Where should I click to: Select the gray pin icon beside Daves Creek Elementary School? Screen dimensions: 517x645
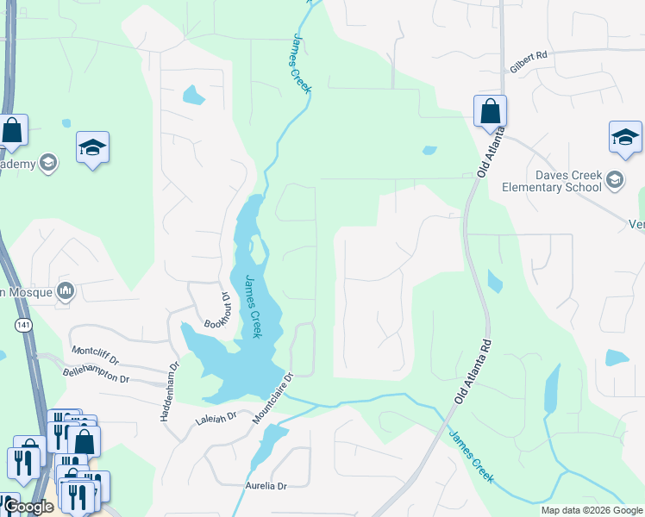pyautogui.click(x=614, y=180)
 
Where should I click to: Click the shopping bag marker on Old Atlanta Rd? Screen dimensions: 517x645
pyautogui.click(x=490, y=111)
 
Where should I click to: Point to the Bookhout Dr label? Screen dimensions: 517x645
pyautogui.click(x=217, y=311)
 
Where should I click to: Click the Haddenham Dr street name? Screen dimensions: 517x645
pyautogui.click(x=168, y=391)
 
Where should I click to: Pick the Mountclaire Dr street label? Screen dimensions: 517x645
pyautogui.click(x=273, y=398)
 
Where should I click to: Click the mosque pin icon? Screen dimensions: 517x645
pyautogui.click(x=66, y=291)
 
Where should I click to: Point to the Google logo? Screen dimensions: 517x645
pyautogui.click(x=28, y=507)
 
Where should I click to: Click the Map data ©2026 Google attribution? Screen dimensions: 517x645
pyautogui.click(x=592, y=510)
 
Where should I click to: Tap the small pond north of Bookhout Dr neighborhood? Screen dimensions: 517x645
pyautogui.click(x=193, y=94)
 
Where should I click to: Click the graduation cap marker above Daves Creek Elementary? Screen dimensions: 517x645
pyautogui.click(x=625, y=137)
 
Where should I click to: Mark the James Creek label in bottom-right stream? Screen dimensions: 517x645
pyautogui.click(x=470, y=458)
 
